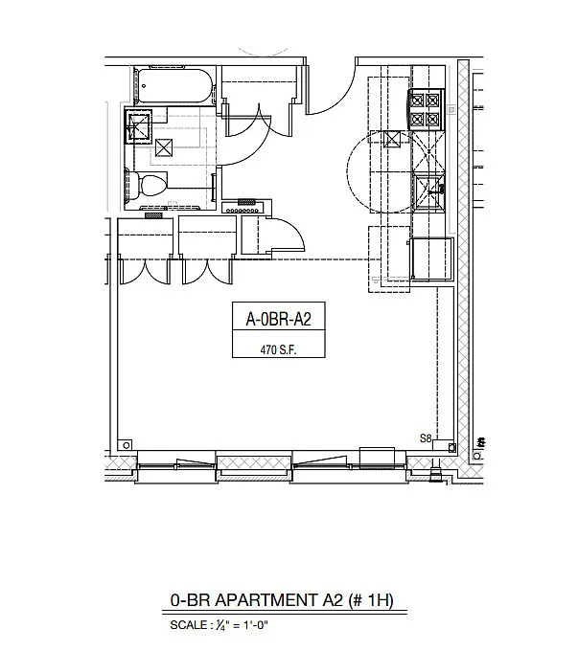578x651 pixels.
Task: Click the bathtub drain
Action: point(144,86)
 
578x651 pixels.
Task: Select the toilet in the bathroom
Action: point(147,185)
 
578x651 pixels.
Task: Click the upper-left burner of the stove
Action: point(418,101)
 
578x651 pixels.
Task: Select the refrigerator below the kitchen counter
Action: point(431,259)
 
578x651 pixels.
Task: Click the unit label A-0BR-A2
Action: point(278,319)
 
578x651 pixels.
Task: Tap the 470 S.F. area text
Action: point(278,350)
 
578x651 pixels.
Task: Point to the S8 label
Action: point(426,438)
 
